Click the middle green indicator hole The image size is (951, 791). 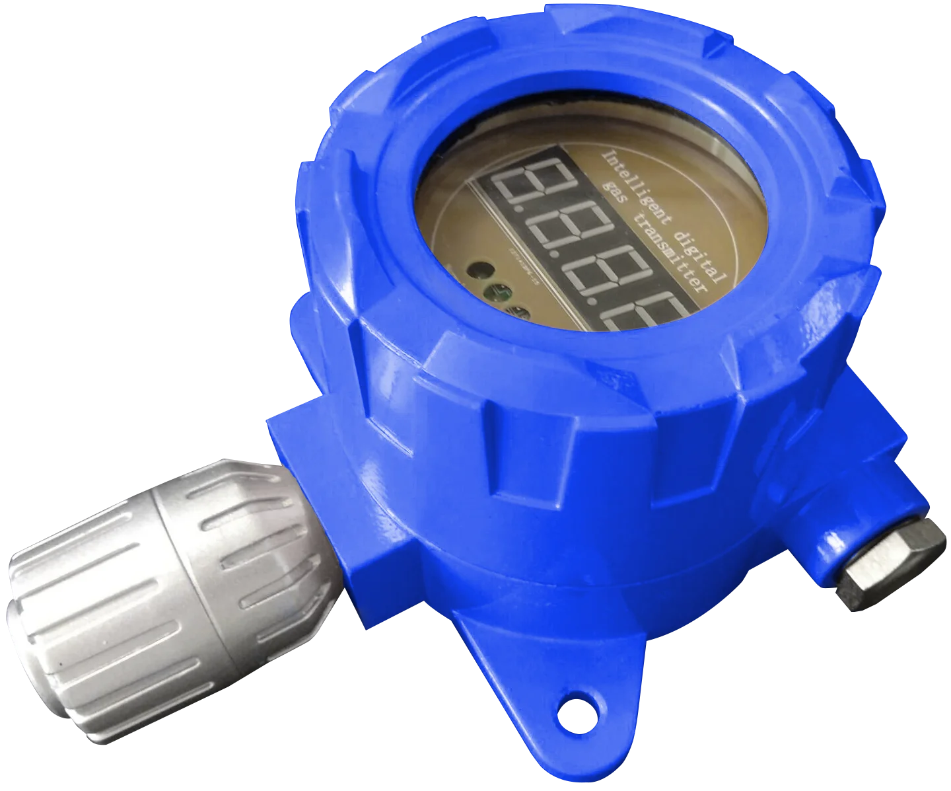497,291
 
